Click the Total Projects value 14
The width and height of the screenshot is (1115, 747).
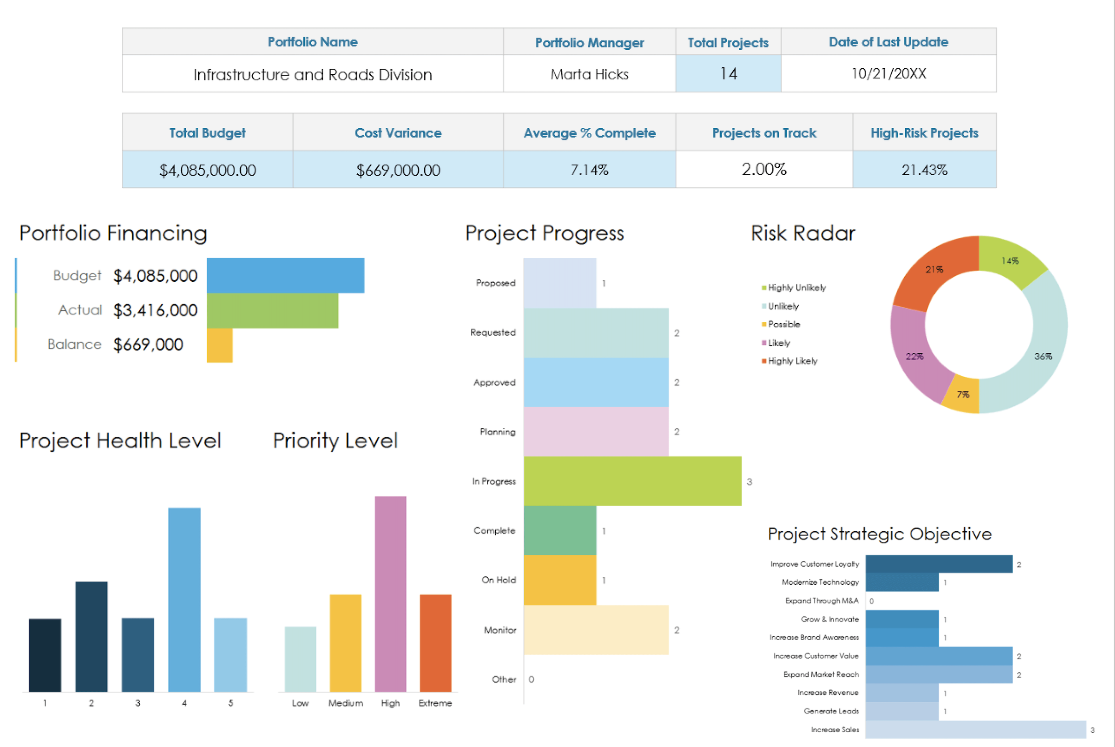(728, 73)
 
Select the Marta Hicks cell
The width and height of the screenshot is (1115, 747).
(589, 74)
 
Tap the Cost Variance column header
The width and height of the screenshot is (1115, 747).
(397, 133)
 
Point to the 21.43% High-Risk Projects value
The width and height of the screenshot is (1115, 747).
(924, 170)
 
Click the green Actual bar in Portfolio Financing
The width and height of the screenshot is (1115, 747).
(272, 311)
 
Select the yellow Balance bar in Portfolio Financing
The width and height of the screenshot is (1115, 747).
(219, 345)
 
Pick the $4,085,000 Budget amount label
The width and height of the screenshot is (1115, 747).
(155, 276)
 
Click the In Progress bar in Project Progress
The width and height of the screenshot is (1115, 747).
(632, 481)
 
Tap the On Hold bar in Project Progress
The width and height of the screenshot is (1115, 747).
(560, 580)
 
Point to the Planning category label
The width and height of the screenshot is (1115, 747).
(497, 432)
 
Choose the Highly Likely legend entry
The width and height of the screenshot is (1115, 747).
(792, 361)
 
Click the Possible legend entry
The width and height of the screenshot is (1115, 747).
(783, 325)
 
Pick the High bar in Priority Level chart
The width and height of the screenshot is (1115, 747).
(390, 593)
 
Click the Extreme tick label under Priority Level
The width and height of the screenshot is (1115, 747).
(435, 703)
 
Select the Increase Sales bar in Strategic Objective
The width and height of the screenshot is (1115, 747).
(975, 729)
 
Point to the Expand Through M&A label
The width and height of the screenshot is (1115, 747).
(822, 601)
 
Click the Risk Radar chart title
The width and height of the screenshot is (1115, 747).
(802, 233)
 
